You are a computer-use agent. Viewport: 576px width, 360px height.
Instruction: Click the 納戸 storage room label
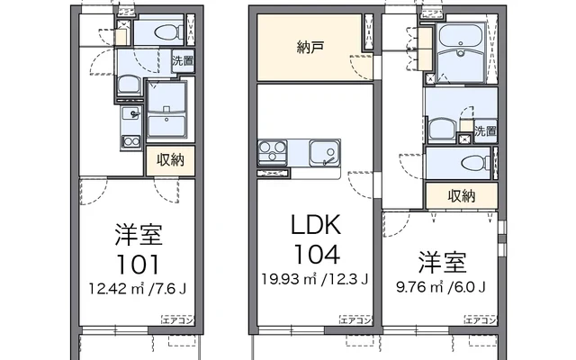(310, 48)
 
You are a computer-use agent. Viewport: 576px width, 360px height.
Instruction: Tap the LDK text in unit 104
(316, 224)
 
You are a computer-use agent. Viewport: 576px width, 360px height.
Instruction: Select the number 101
(138, 265)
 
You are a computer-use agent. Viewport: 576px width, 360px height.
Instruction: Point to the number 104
(317, 255)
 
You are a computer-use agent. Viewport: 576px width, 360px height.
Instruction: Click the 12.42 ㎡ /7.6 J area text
(138, 289)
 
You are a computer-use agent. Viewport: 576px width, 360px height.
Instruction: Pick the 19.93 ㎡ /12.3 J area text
(315, 280)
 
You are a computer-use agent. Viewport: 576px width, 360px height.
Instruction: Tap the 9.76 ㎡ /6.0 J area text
(441, 286)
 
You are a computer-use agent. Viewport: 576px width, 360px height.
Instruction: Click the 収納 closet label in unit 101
(170, 160)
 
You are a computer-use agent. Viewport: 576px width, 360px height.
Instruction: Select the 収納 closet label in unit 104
(462, 196)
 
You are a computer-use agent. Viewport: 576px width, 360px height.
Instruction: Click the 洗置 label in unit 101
(183, 61)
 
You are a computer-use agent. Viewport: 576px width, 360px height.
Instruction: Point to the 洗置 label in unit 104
(485, 130)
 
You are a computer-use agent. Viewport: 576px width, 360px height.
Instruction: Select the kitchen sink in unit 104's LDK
(324, 152)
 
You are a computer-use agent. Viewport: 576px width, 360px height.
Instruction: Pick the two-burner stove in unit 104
(272, 152)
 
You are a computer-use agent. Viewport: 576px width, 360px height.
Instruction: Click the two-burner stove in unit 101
(131, 141)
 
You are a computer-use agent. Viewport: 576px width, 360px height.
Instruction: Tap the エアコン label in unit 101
(178, 320)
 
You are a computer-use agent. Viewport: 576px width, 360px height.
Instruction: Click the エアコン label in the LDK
(356, 320)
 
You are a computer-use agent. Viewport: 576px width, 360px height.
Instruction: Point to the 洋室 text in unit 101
(138, 234)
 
